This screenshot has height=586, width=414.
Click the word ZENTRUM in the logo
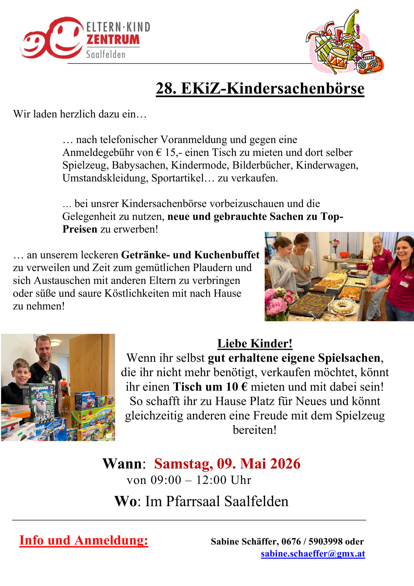113,39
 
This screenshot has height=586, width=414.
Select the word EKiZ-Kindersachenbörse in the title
272,89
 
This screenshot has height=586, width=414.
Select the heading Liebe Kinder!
255,344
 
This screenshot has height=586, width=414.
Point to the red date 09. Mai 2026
258,464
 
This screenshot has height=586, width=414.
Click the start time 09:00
166,480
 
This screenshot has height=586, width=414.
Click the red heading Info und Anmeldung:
84,540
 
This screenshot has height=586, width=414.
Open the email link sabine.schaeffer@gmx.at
313,553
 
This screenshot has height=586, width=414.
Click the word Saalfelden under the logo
106,54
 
